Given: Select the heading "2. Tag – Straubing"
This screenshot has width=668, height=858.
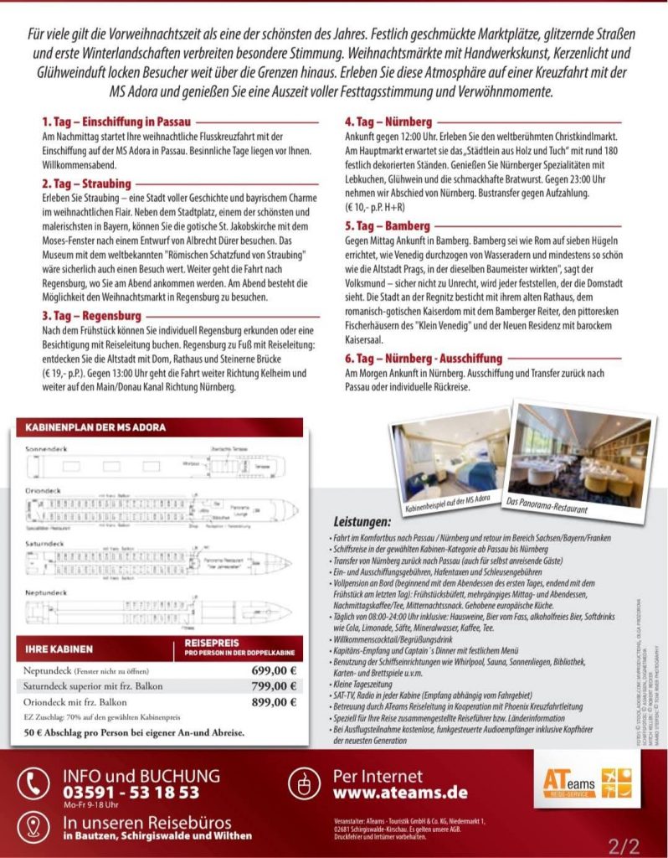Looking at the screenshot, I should (x=86, y=183).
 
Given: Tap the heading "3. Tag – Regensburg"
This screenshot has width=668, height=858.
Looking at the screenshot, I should (x=93, y=315).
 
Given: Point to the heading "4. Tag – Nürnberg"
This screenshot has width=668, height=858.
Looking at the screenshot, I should (x=388, y=121).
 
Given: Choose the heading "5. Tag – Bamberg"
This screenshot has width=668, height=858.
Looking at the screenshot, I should (x=388, y=225).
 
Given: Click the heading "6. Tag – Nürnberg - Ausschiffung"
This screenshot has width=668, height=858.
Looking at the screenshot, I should (x=424, y=358).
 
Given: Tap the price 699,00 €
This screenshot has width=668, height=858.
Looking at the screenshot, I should (x=274, y=670).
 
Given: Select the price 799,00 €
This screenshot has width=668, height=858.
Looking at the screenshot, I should (x=274, y=686).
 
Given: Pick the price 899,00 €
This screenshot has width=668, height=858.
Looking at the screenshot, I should (x=274, y=702).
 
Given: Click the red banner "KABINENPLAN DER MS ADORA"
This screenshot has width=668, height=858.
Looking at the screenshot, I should (x=96, y=426).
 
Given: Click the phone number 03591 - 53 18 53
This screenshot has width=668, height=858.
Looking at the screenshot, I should (x=131, y=792).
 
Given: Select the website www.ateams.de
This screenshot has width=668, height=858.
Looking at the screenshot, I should (x=400, y=792).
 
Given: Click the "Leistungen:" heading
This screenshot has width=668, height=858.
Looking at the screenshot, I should (x=362, y=520).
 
